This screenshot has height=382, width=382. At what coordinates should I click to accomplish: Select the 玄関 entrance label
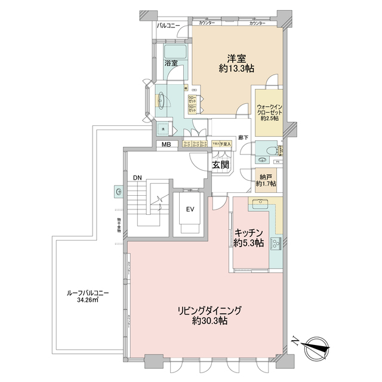tap(217, 164)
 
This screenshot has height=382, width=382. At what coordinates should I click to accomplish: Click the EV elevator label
tap(190, 210)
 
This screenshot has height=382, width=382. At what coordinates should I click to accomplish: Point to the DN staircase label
tap(137, 178)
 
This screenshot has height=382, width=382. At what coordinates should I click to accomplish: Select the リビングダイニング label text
tap(208, 310)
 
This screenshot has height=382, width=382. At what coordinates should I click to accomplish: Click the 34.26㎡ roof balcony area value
tap(87, 301)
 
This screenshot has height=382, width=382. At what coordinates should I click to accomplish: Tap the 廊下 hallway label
tap(242, 137)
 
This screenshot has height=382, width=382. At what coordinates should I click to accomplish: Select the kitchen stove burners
tap(276, 243)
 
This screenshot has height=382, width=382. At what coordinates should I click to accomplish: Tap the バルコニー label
tap(169, 26)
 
